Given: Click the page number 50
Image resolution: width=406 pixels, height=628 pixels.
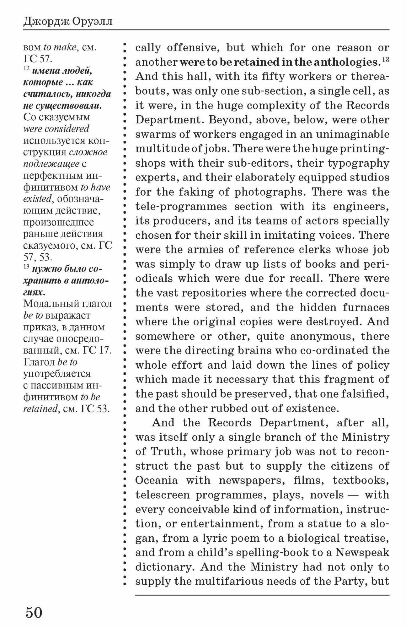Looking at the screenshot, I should coord(34,613).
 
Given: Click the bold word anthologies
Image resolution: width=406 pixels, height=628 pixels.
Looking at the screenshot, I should coord(346,62).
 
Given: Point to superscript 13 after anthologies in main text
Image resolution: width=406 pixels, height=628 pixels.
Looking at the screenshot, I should coord(386,60).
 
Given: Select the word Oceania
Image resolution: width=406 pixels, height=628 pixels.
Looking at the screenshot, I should coord(157,480).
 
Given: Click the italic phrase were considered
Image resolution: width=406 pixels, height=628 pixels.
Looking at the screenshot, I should coord(56,129).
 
